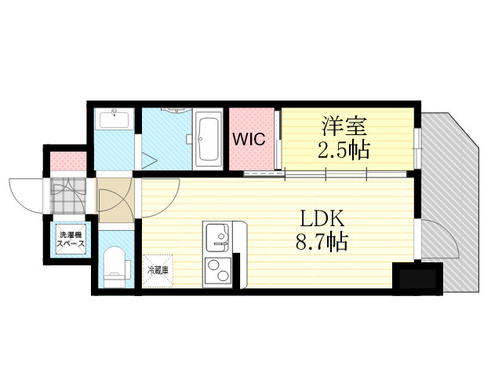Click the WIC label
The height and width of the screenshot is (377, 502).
pos(249,139)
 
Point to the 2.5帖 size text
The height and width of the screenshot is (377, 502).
pos(344,150)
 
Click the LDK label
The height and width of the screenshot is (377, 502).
pos(322,219)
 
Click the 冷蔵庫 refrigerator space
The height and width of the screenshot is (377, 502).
pos(158,271)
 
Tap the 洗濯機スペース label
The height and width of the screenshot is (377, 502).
pos(71,239)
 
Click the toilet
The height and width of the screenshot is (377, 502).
pos(116,267)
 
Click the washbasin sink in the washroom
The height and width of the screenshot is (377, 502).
pos(114,119)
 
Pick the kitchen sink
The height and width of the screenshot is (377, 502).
pos(217,237)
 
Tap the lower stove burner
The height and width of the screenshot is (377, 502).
pos(223,276)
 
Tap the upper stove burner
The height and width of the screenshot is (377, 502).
pos(213,265)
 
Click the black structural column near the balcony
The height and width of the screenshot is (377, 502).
pos(417,278)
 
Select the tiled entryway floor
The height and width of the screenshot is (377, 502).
pos(68,196)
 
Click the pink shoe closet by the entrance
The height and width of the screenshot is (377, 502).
pos(68,162)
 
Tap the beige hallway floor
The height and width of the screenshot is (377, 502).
pos(115,200)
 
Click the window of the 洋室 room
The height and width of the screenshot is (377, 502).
pos(417,148)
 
